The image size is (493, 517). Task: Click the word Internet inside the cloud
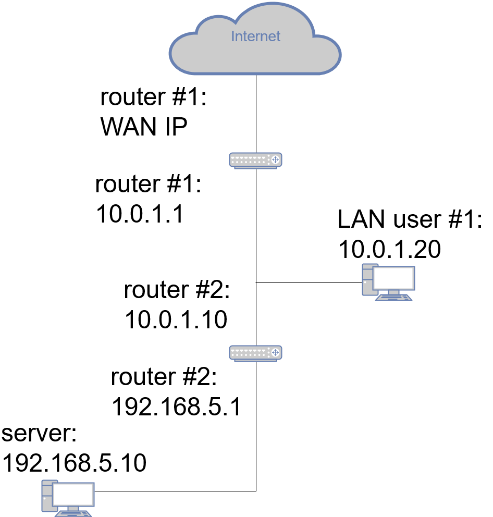coord(255,36)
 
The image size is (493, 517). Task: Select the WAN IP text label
coord(144,126)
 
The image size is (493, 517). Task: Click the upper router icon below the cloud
coord(255,160)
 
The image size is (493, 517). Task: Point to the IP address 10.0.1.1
coord(140,214)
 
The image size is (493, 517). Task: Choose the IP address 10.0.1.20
coord(389,250)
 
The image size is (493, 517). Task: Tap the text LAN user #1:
coord(410,220)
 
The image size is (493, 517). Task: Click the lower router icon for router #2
coord(255,353)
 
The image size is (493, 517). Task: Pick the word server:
coord(40,434)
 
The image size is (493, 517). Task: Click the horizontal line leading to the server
coord(175,491)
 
